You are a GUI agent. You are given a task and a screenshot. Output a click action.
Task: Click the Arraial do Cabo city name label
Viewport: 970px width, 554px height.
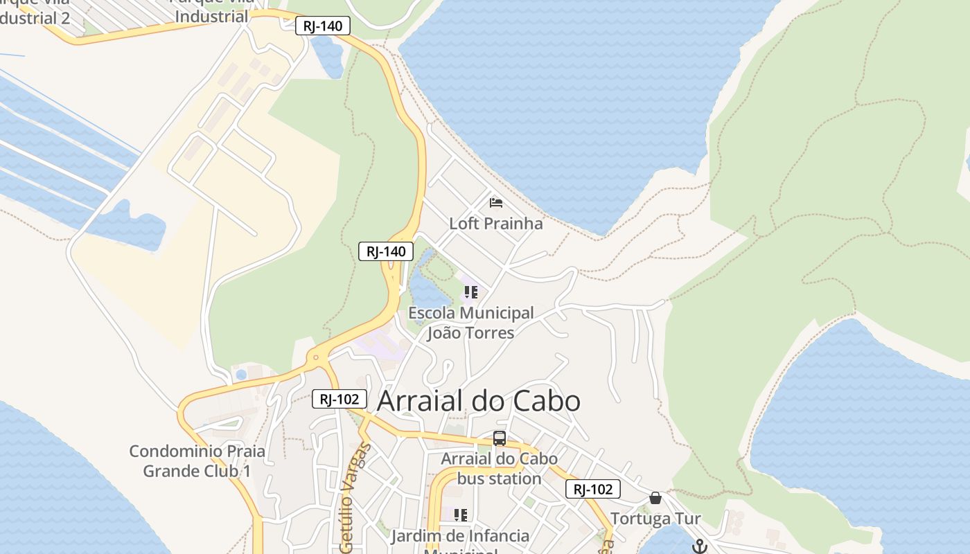[x=478, y=401]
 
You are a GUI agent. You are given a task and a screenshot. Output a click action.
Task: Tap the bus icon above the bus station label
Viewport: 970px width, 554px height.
[x=499, y=438]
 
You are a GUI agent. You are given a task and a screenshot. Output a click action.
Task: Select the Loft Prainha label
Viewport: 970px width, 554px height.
[x=496, y=224]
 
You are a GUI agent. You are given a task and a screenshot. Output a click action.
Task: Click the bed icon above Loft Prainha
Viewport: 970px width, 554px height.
[x=496, y=202]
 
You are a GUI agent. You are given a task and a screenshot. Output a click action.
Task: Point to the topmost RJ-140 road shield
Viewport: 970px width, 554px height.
[x=323, y=26]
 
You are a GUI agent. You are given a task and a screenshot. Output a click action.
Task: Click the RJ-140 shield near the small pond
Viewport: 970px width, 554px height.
[x=386, y=251]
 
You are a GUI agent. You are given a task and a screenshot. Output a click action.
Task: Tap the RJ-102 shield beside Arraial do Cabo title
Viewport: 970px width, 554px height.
[x=339, y=399]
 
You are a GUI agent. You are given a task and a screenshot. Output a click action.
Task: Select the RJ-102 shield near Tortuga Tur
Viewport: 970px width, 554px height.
[x=592, y=489]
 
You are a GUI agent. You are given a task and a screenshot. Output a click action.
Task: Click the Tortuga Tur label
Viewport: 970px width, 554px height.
[x=655, y=519]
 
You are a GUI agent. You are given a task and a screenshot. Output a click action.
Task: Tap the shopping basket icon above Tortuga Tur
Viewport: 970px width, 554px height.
[x=655, y=498]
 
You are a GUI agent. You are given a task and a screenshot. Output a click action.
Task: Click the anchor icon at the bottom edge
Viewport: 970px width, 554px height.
[x=699, y=546]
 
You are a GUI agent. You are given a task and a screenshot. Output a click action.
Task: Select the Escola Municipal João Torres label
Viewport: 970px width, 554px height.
[x=471, y=323]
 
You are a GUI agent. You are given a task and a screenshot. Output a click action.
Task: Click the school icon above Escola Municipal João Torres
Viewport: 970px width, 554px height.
[x=471, y=292]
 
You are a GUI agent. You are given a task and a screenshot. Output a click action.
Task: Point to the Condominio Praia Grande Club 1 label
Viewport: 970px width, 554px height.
[x=197, y=461]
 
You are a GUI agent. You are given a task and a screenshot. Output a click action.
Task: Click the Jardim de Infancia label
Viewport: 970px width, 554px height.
[x=460, y=536]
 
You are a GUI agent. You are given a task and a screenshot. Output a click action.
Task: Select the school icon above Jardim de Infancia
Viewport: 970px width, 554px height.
[x=460, y=515]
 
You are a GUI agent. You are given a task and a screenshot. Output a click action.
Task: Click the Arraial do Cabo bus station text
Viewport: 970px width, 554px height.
[x=500, y=469]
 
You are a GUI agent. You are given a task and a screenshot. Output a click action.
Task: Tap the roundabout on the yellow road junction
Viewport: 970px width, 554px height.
[x=316, y=358]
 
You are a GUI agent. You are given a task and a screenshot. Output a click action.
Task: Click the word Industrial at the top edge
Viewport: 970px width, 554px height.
[x=211, y=15]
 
